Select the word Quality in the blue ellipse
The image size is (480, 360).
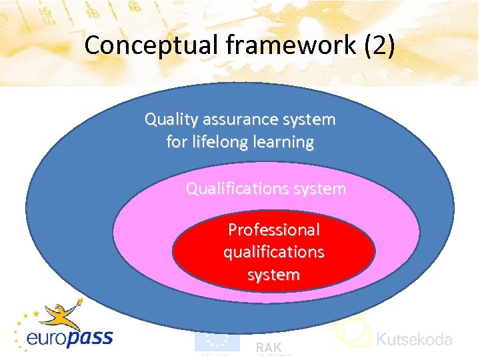tap(171, 120)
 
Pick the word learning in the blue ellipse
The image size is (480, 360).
tap(283, 142)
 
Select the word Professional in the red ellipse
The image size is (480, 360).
tap(273, 230)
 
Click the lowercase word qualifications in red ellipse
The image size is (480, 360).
tap(273, 252)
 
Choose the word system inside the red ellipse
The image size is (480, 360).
tap(273, 274)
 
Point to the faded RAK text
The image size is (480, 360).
tap(269, 347)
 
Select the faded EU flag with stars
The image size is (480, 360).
tap(217, 341)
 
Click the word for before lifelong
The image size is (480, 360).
tap(177, 142)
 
